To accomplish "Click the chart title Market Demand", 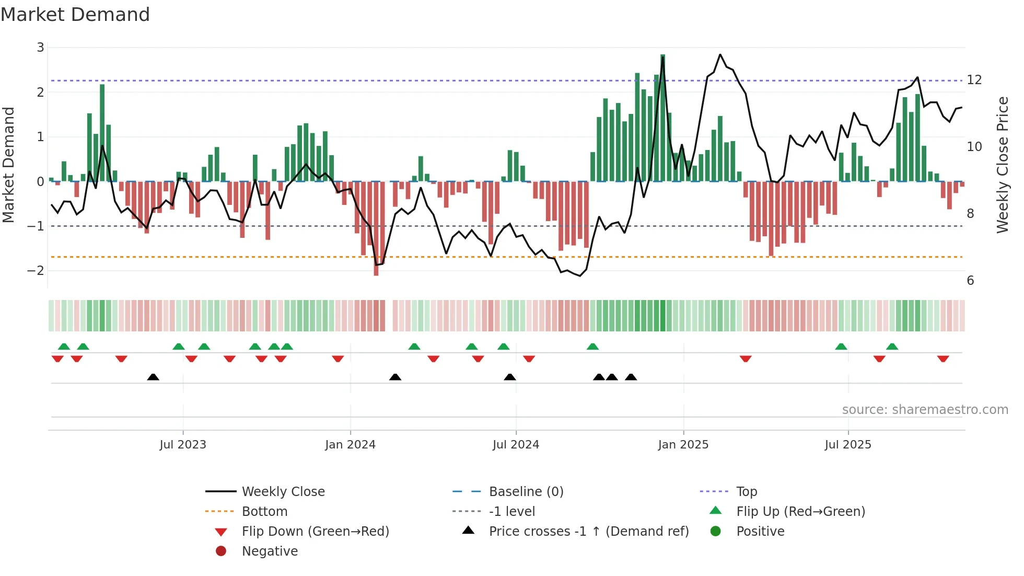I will [75, 15].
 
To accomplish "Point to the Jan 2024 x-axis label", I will [350, 445].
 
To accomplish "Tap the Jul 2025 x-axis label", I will [848, 445].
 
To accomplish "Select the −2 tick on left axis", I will [36, 271].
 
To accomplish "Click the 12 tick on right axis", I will [974, 80].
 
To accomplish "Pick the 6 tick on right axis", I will [970, 281].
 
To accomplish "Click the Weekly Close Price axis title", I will [1002, 165].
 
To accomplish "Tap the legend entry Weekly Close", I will [283, 492].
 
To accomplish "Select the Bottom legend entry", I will [264, 512].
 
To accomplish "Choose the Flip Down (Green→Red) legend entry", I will [315, 532].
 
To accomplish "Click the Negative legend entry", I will [270, 551].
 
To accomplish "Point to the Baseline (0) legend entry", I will [526, 492].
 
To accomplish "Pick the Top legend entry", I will [747, 492].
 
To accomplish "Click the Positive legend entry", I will [760, 532].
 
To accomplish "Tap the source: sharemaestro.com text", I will [925, 410].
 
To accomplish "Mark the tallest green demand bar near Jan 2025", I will [662, 118].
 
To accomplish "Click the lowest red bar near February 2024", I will [376, 228].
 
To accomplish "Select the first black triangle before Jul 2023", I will [153, 377].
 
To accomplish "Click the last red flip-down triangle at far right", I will [943, 359].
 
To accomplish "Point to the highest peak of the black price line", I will [720, 55].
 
